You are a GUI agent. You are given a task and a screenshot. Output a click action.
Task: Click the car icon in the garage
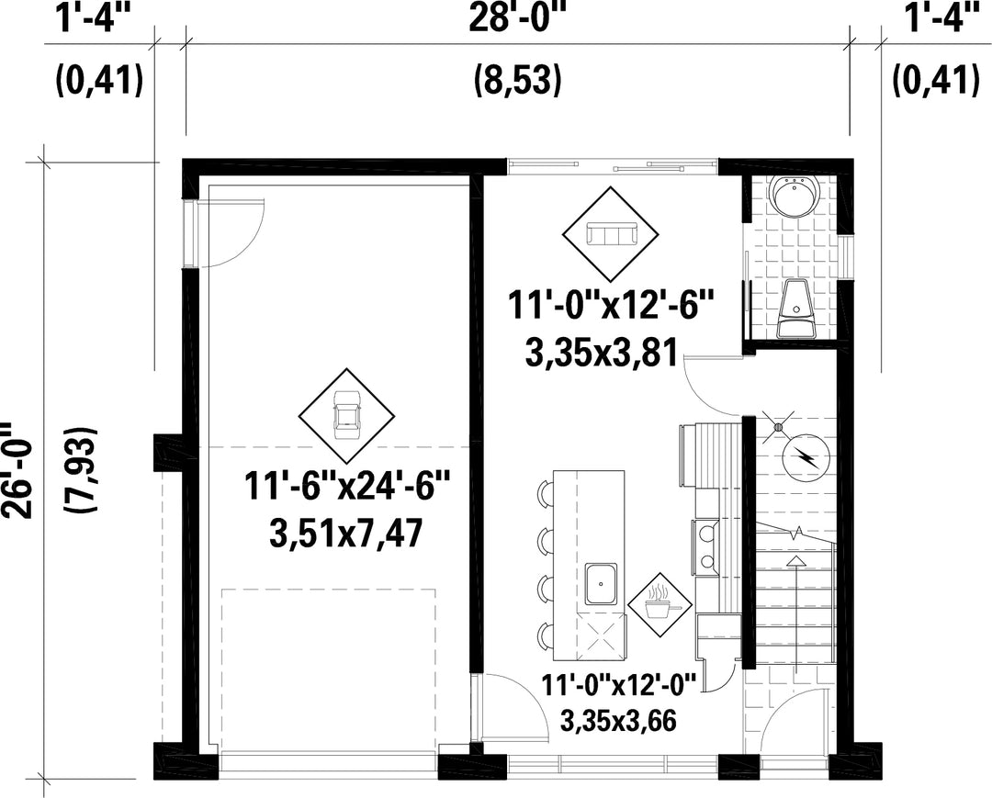click(x=346, y=415)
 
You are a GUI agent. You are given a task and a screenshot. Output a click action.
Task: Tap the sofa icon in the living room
click(x=611, y=234)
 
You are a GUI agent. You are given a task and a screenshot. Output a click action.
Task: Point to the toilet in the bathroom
click(x=795, y=309)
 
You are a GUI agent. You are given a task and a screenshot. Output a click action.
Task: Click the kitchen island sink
click(x=601, y=584)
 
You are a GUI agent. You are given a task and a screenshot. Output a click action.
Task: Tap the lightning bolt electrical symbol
click(x=806, y=456)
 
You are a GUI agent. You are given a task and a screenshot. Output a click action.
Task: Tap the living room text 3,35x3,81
click(x=602, y=352)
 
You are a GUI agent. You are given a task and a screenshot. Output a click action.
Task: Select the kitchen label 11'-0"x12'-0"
click(x=619, y=684)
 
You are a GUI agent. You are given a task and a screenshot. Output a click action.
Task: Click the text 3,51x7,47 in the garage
click(x=345, y=535)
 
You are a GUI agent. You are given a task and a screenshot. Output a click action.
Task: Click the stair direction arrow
click(x=795, y=608)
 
